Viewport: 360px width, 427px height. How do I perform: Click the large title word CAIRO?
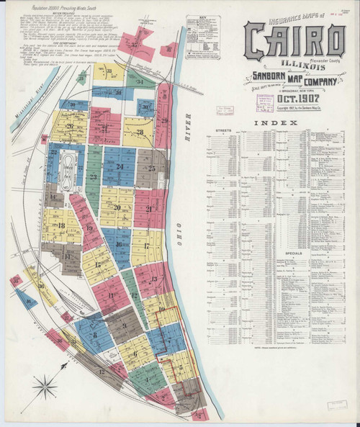[294, 41]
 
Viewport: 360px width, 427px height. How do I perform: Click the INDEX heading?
[282, 124]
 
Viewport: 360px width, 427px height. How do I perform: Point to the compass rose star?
[46, 390]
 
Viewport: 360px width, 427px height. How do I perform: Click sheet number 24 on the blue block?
[120, 167]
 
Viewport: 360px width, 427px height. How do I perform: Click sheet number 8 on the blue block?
[91, 325]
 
